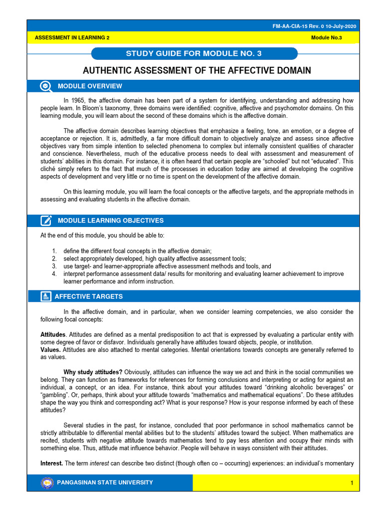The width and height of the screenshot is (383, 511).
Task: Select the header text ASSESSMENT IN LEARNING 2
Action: pos(72,38)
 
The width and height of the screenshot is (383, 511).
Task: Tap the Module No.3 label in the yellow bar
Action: pos(333,38)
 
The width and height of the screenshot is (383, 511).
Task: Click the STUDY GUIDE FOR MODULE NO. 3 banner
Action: pos(195,53)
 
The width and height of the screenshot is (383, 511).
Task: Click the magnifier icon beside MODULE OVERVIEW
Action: pos(46,86)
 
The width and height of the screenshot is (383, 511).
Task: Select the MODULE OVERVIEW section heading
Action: pos(90,86)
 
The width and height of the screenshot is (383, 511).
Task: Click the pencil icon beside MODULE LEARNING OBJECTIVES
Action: pos(46,220)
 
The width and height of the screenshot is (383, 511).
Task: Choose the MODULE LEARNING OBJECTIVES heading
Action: pos(111,220)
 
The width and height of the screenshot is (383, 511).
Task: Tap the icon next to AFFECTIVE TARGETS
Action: pos(46,296)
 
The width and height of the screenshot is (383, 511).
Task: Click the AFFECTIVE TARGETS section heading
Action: pos(88,296)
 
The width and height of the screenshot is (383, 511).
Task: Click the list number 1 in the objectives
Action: pos(54,251)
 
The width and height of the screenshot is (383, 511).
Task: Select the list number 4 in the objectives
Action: pos(54,274)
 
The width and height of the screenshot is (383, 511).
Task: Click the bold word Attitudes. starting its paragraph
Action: pos(53,334)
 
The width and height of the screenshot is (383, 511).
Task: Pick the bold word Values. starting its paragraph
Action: pos(50,350)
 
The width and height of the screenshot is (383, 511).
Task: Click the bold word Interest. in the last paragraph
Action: pos(51,463)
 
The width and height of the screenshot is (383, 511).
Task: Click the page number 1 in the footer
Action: pos(352,483)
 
